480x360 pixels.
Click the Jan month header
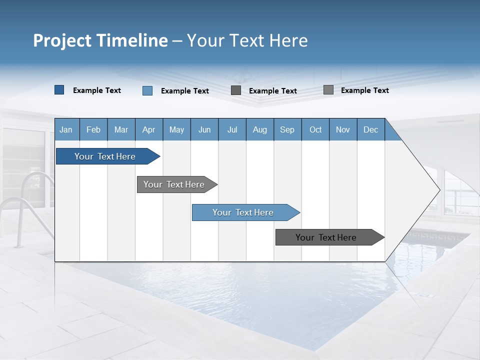pos(66,129)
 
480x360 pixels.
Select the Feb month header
pos(93,129)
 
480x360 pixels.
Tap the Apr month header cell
pos(148,129)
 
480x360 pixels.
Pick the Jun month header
pos(204,129)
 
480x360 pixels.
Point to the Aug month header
pos(259,129)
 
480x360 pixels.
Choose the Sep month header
pos(287,129)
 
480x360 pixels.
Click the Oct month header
pos(315,129)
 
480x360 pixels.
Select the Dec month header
pos(370,129)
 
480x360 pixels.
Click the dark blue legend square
pos(59,90)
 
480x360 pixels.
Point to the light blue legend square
pos(147,90)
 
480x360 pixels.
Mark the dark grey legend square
pos(236,90)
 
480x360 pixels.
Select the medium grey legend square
pos(328,90)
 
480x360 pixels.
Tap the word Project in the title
pos(62,40)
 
